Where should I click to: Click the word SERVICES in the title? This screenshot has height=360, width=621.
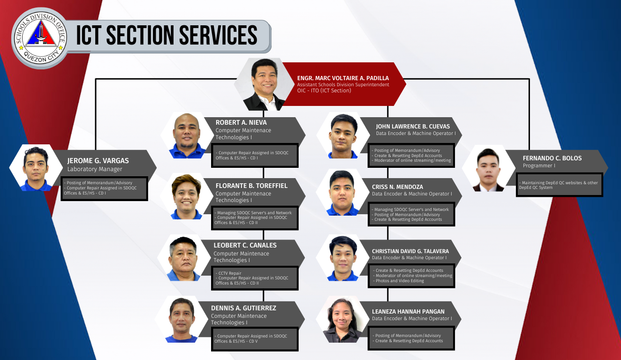218,35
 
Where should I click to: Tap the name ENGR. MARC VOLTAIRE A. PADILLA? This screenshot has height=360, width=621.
343,78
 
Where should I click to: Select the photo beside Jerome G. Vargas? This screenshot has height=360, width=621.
36,168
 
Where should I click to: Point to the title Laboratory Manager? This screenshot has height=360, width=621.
95,169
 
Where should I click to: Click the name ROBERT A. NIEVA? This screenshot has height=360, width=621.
241,122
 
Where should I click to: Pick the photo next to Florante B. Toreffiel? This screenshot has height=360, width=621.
186,196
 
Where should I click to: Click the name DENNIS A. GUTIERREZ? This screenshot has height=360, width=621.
243,308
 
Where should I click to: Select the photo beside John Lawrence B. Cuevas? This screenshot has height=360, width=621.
343,136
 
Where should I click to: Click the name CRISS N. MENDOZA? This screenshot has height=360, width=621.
397,187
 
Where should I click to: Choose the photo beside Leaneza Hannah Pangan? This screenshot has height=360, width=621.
342,320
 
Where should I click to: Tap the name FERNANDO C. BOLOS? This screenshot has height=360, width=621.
552,158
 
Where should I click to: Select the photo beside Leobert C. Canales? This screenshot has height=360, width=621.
183,258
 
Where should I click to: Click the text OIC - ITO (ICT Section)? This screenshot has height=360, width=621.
324,90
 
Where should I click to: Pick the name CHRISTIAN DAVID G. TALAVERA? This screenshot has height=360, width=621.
410,251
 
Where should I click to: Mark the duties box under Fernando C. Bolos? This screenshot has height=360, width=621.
559,185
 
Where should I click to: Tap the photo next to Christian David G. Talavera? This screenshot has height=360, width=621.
343,258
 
